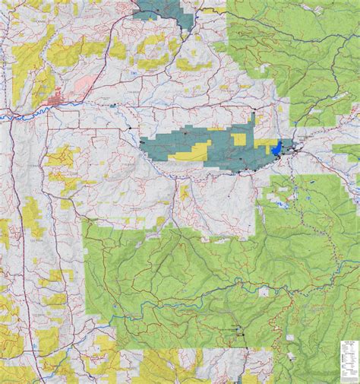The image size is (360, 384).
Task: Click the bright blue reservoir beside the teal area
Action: [x=279, y=146]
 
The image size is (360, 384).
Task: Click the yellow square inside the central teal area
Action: [x=238, y=139]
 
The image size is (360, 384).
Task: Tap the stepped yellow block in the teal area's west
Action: [x=190, y=152]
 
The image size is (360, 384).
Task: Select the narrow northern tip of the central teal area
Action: [x=253, y=119]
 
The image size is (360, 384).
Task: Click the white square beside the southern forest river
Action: [x=264, y=292]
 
